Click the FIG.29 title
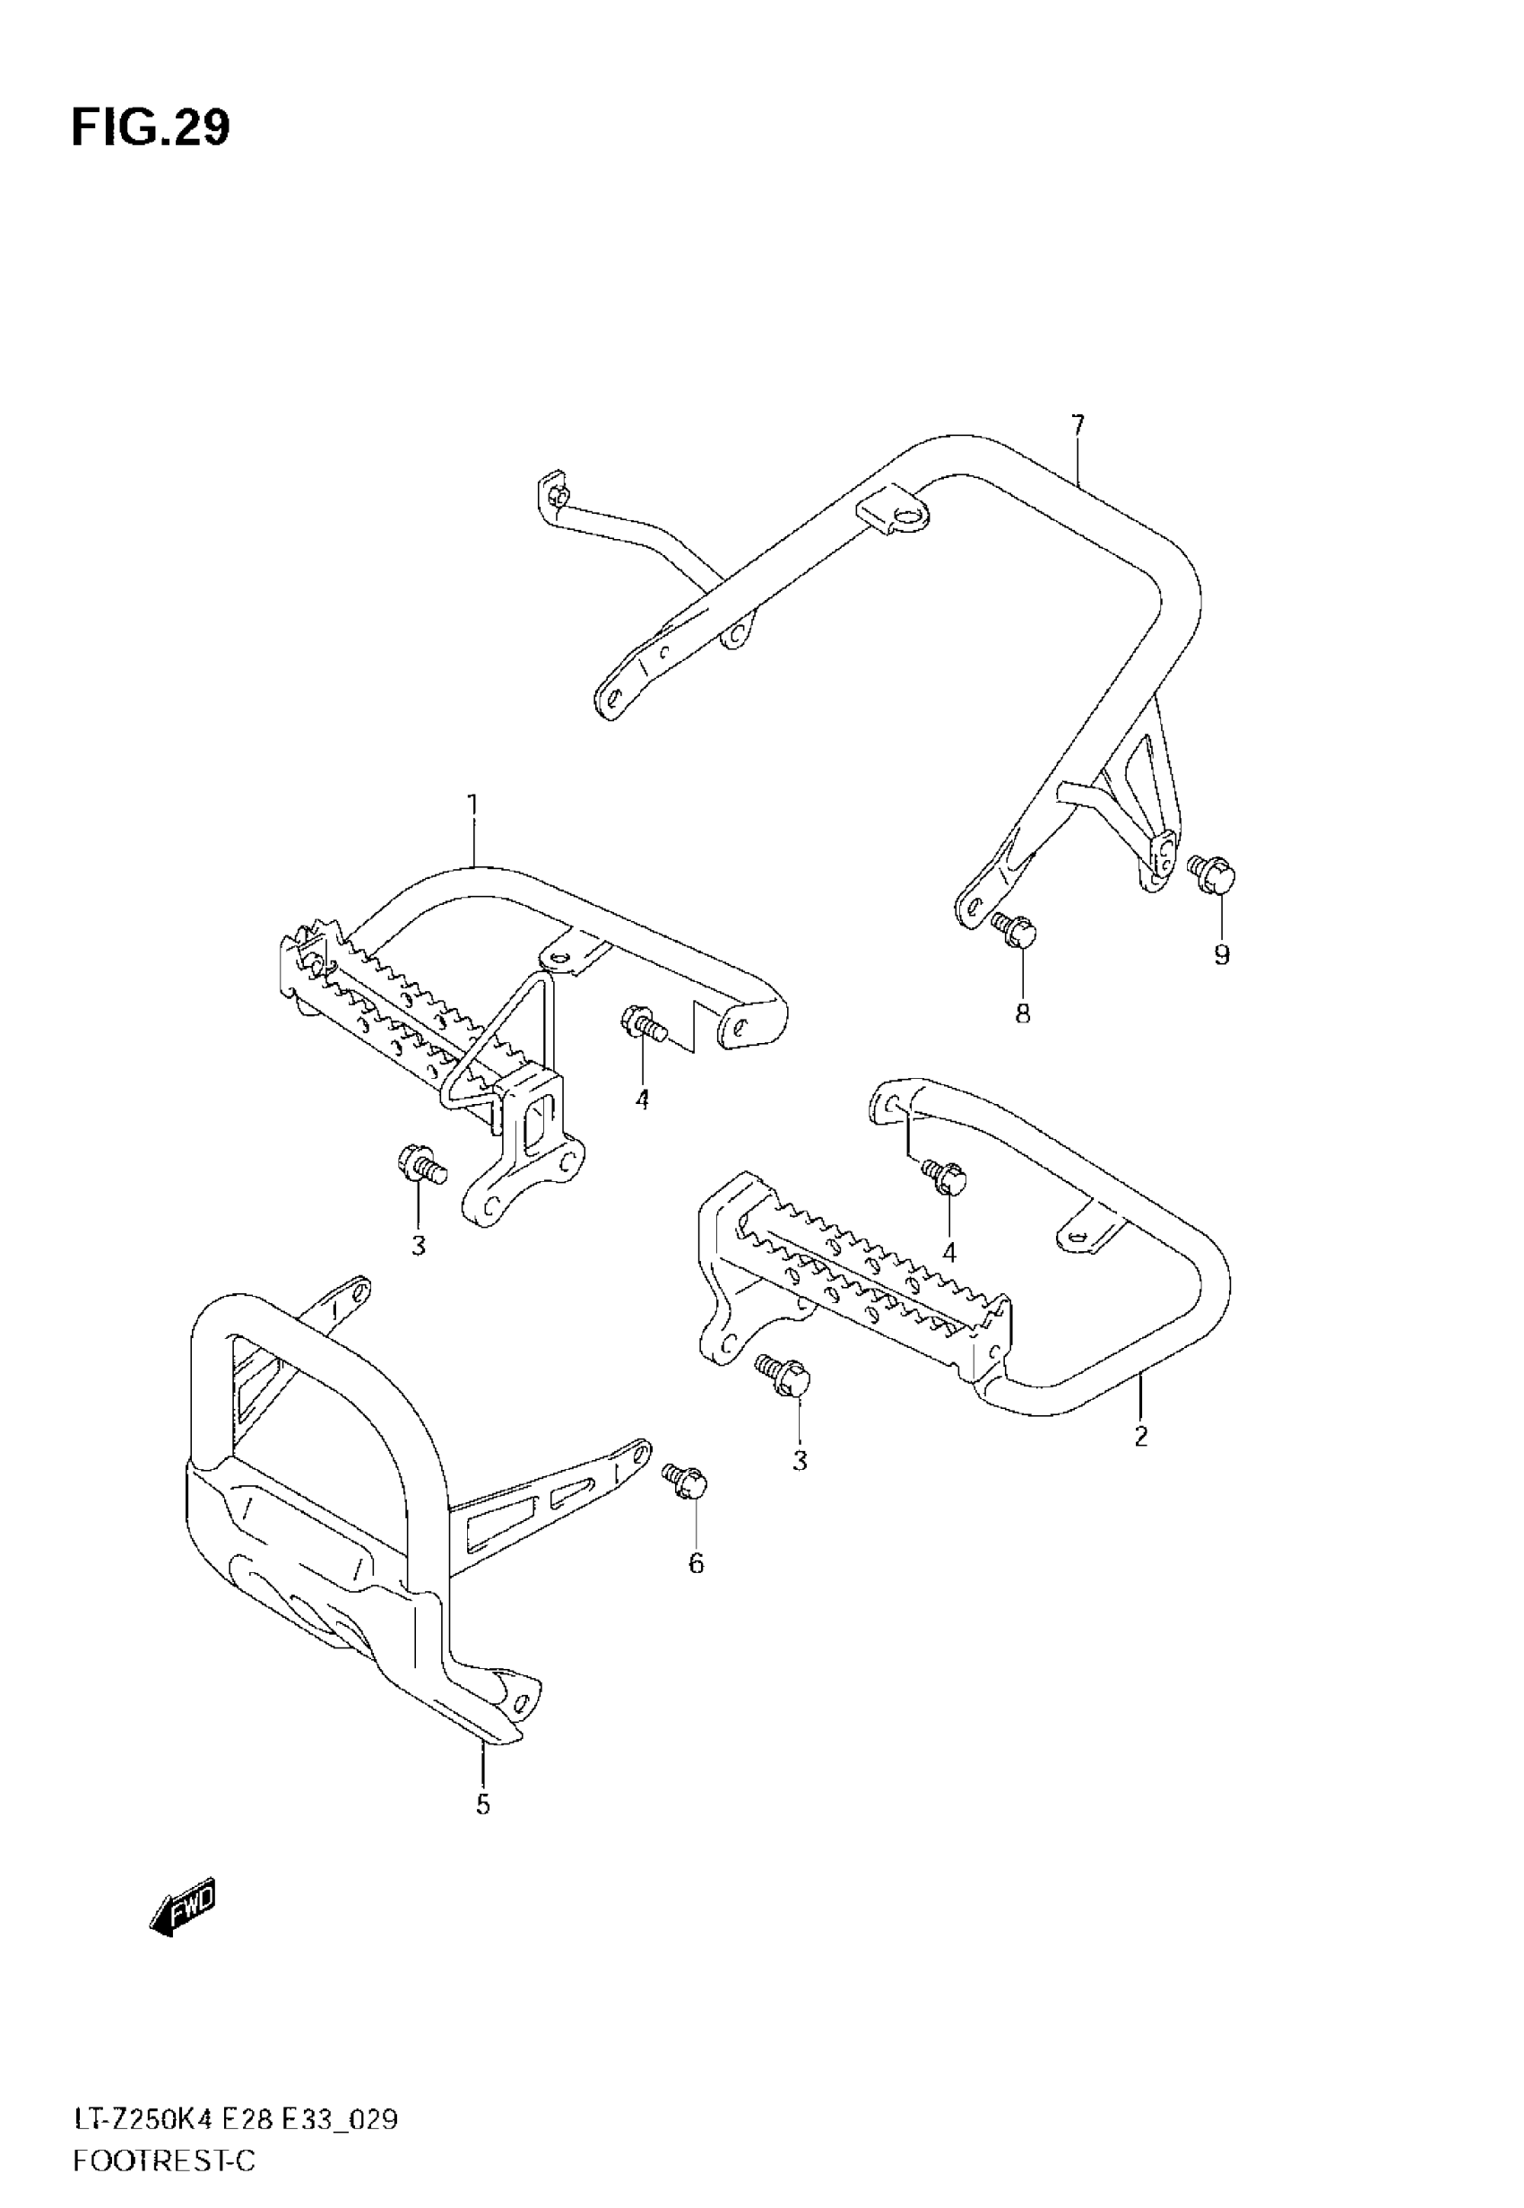(x=150, y=128)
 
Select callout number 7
(x=1078, y=424)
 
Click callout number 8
(x=1023, y=1013)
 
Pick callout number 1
(x=472, y=805)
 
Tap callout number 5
(x=483, y=1805)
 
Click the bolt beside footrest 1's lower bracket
(x=420, y=1165)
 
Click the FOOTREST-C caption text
(x=164, y=2161)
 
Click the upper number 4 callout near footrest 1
(x=643, y=1100)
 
